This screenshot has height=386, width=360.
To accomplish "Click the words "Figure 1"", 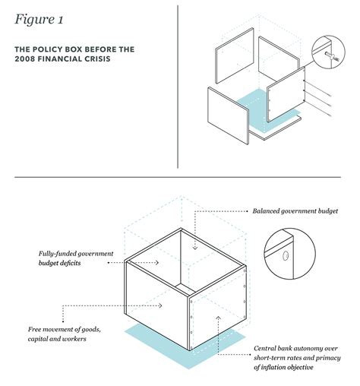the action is [x=39, y=20].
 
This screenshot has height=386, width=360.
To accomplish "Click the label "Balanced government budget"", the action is [x=295, y=211].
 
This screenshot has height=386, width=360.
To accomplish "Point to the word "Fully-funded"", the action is [x=56, y=254].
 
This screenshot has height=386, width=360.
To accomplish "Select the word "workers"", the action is [x=75, y=339].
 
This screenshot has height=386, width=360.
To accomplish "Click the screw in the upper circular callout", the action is [x=332, y=56].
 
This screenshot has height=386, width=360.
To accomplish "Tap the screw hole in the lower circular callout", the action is [x=286, y=256].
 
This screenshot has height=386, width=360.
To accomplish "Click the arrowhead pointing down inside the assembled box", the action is [x=195, y=248].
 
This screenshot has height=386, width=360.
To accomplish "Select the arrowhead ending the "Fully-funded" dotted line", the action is [x=157, y=263].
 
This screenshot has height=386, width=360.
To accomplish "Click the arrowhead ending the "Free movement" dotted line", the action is [x=160, y=306].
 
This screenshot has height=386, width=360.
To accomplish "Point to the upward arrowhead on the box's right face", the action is [x=219, y=318].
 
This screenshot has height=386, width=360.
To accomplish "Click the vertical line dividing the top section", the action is [x=178, y=87].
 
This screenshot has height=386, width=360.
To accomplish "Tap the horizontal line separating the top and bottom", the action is [x=178, y=177].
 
